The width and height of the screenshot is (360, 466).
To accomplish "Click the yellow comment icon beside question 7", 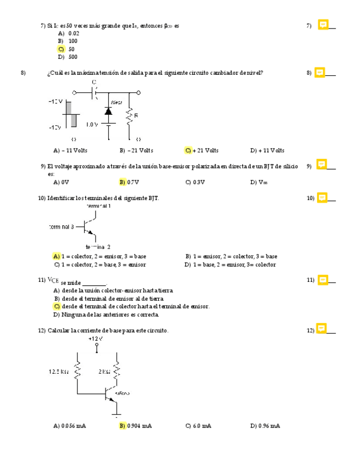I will pos(323,25).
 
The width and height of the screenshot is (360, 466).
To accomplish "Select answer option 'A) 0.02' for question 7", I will pos(69,34).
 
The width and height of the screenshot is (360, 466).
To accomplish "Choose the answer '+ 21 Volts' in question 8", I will pos(202,151).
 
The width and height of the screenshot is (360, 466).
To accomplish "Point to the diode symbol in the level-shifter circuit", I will pos(108,112).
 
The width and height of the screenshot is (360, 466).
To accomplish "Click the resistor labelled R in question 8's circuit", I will pos(130,116).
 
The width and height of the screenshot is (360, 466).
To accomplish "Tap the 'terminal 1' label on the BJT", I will pos(99,207).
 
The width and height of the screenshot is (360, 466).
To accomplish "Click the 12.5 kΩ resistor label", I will pos(58,371).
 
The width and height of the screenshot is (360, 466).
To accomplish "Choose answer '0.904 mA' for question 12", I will pos(136,426).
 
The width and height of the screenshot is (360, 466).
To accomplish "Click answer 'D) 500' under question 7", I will pos(68,57).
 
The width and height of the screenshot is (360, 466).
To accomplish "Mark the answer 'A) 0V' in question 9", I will pos(61,182).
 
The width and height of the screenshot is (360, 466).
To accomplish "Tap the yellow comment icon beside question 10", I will pos(322,197).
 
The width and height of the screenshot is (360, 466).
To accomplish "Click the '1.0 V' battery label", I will pos(92,124).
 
